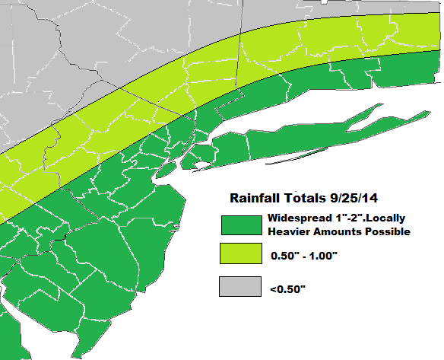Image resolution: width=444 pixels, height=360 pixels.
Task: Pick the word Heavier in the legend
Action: (290, 231)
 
